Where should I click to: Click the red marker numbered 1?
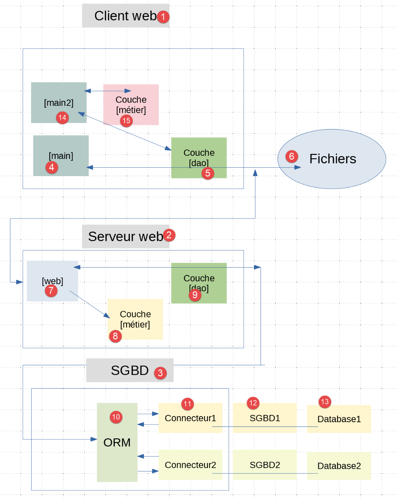pos(163,17)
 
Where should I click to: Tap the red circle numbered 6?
pos(291,157)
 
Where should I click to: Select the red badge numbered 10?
pos(116,417)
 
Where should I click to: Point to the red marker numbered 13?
pos(325,402)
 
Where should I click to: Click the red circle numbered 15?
pos(126,121)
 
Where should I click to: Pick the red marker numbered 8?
pos(115,336)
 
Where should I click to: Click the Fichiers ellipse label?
pos(332,159)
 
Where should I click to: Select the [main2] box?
pos(58,103)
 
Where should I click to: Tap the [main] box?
pos(61,156)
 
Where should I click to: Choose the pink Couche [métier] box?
pos(131,105)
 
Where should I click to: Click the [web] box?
pos(52,281)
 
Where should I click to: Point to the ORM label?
pos(117,443)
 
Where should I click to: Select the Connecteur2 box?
pos(190,465)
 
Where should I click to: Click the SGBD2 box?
pos(265,465)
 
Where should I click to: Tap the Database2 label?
pos(339,466)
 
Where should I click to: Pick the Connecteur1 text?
pos(190,418)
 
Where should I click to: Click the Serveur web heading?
pos(125,237)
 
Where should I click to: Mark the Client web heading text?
pos(125,16)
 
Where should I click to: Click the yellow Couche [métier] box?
pos(135,319)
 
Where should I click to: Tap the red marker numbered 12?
pos(253,403)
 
